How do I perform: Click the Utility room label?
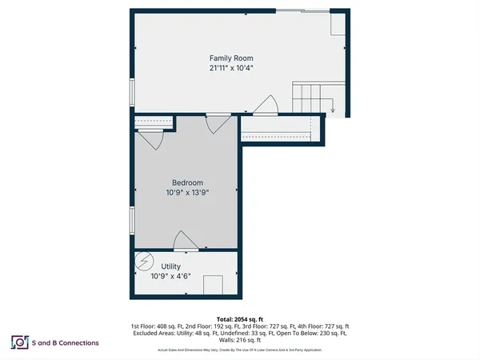171,266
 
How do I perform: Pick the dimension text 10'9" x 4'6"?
171,276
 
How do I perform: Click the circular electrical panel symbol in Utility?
145,262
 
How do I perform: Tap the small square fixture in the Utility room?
214,285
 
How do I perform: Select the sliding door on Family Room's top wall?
304,10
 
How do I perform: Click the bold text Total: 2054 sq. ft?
239,319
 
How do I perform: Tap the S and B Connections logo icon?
18,342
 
